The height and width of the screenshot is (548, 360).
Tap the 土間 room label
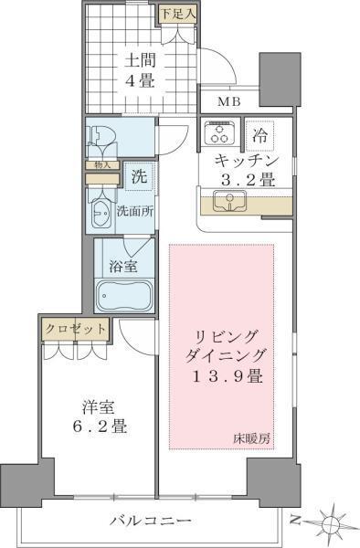(139, 61)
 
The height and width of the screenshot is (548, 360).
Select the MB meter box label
(228, 101)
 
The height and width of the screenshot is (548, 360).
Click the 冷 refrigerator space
(260, 133)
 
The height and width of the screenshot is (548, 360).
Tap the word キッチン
(242, 160)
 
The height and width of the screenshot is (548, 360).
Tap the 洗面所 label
(134, 212)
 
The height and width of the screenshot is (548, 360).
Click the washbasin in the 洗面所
(101, 216)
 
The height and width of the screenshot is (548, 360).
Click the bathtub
(124, 297)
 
